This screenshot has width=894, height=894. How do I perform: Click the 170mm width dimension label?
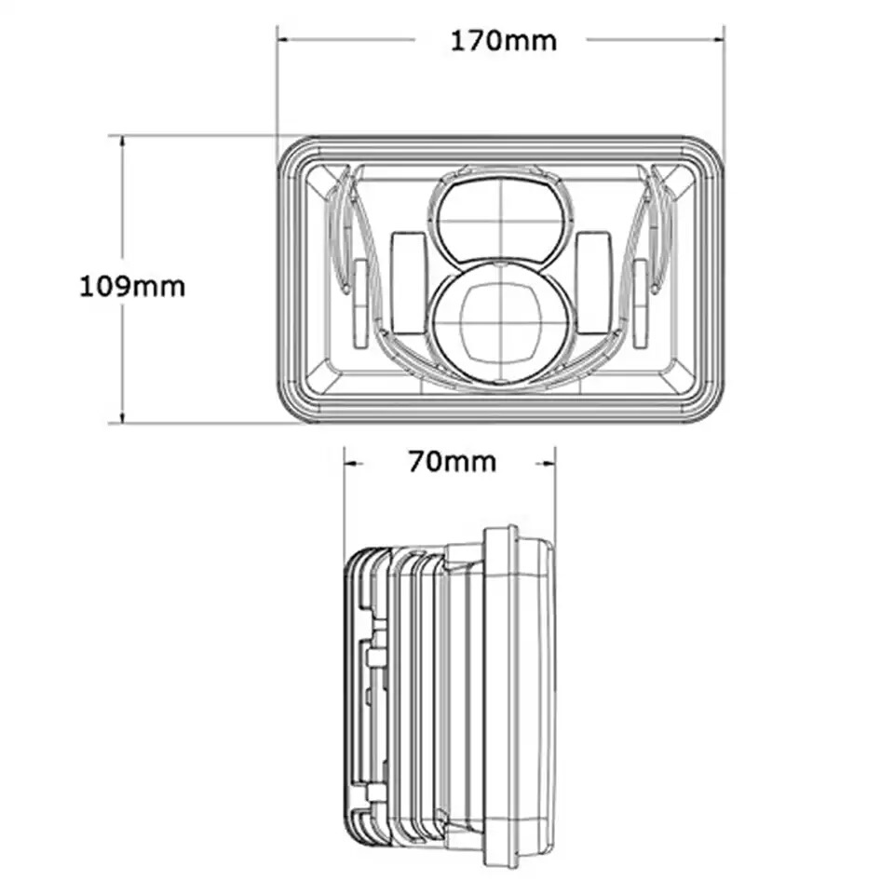[504, 41]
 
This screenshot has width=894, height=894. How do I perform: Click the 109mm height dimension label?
[132, 286]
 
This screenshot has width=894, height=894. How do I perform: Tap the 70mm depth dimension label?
[453, 462]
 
